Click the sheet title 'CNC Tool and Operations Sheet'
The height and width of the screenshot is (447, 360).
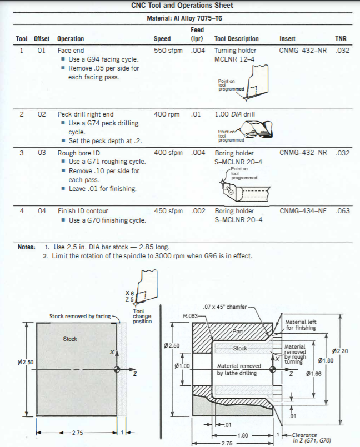pyautogui.click(x=182, y=6)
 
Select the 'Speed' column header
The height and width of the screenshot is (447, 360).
pyautogui.click(x=162, y=39)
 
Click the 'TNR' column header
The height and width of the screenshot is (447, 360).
pyautogui.click(x=341, y=39)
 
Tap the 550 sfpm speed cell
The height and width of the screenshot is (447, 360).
pyautogui.click(x=167, y=50)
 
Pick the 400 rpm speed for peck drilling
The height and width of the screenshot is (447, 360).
pyautogui.click(x=167, y=114)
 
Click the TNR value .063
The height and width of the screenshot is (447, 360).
pyautogui.click(x=343, y=211)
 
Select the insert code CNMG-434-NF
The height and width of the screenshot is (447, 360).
pyautogui.click(x=303, y=211)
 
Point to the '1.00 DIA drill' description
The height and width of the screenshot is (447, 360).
pyautogui.click(x=235, y=114)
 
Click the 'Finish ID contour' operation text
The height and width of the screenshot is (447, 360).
pyautogui.click(x=83, y=211)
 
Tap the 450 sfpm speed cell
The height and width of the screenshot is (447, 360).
pyautogui.click(x=167, y=211)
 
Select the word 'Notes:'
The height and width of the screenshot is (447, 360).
pyautogui.click(x=27, y=247)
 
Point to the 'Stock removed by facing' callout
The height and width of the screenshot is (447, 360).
pyautogui.click(x=80, y=317)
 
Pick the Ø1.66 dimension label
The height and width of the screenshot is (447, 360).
pyautogui.click(x=314, y=374)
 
